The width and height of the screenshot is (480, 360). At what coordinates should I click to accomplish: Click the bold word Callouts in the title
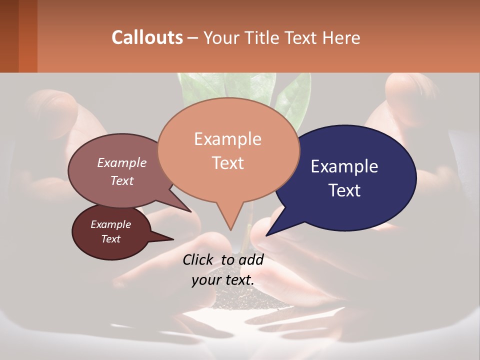coord(147,37)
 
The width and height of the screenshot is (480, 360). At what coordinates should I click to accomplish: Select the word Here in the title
coord(340,37)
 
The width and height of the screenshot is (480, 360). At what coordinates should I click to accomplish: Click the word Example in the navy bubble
coord(344,166)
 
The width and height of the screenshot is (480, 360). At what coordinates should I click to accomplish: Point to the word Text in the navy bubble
coord(345,190)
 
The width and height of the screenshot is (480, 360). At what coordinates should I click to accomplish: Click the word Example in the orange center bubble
coord(227,139)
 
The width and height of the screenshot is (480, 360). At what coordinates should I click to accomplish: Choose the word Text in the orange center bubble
coord(228,163)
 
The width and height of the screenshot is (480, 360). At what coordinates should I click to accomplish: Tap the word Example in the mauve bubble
coord(122,162)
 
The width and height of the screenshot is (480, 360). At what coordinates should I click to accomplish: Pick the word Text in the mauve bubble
coord(122,180)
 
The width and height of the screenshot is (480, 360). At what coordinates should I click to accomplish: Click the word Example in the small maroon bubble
coord(110,224)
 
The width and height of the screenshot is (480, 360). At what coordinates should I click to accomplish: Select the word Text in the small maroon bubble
coord(110,239)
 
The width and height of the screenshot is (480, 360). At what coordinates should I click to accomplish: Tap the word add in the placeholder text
coord(251,259)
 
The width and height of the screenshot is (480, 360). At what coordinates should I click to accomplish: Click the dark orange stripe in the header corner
coord(27,36)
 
